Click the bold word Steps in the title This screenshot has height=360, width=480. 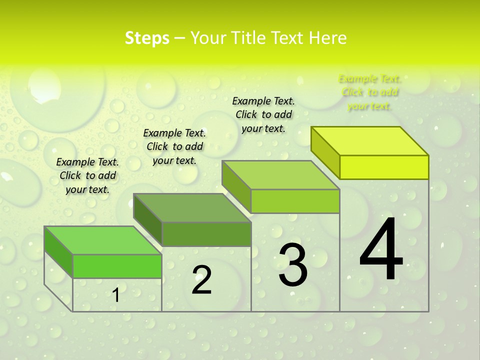tap(147, 38)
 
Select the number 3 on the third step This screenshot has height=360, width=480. tap(292, 265)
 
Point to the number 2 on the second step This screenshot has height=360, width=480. tap(202, 280)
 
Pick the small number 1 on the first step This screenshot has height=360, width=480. tap(116, 295)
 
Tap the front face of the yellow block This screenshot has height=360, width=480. tap(384, 167)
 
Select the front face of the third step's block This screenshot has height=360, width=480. tap(295, 201)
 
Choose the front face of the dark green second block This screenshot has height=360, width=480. tap(206, 234)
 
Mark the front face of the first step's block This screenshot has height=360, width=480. tap(117, 266)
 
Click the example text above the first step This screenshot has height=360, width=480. tap(87, 175)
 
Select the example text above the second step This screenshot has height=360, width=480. tap(174, 146)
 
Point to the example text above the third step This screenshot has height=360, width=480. tap(263, 114)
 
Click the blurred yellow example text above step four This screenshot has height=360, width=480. tap(369, 92)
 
